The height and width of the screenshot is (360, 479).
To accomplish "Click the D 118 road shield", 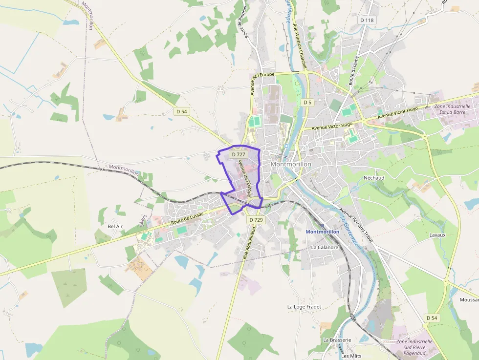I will pos(367,20).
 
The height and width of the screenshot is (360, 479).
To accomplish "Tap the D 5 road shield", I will pos(307,103).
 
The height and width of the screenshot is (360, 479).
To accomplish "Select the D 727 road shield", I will pos(239,154).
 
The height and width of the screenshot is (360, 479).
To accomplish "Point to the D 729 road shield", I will pos(256,220).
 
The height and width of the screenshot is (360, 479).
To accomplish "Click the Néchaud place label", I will pos(374,178).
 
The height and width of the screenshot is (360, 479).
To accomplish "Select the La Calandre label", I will pos(325,247).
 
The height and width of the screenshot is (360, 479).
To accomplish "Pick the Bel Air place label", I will pos(115,227).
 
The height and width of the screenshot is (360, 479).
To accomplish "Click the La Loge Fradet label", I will pos(304,307).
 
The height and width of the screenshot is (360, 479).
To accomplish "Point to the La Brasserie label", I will pos(337,339).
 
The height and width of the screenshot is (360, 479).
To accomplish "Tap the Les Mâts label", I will pos(351,356).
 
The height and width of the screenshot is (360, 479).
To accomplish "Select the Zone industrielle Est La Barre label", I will pos(452,109).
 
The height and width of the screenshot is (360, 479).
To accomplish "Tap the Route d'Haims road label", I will pos(354,71).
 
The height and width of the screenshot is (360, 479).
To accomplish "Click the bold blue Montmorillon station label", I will pos(322,232).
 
